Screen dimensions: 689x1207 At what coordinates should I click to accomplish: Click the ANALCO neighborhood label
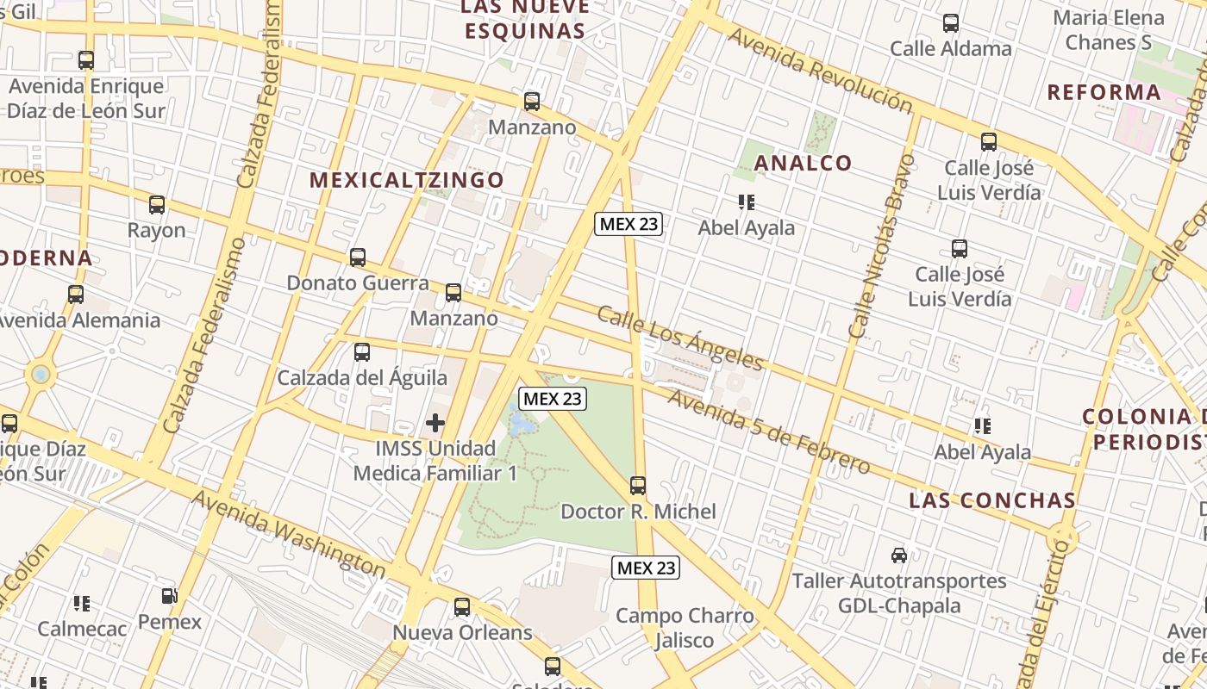pyautogui.click(x=803, y=163)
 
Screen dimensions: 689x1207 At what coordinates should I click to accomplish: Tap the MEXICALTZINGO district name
pyautogui.click(x=407, y=180)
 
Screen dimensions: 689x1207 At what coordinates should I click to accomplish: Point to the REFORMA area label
pyautogui.click(x=1104, y=92)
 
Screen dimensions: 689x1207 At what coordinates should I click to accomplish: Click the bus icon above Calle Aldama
pyautogui.click(x=951, y=23)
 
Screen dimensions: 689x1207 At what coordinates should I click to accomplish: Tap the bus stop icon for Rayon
pyautogui.click(x=157, y=205)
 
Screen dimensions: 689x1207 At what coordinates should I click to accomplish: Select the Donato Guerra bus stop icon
pyautogui.click(x=358, y=258)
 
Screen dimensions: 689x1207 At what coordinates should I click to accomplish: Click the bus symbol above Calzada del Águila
pyautogui.click(x=362, y=352)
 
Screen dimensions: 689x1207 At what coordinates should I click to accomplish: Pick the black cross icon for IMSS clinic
pyautogui.click(x=435, y=423)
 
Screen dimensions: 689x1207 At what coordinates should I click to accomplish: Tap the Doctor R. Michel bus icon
pyautogui.click(x=638, y=486)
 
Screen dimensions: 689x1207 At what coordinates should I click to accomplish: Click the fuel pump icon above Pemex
pyautogui.click(x=170, y=596)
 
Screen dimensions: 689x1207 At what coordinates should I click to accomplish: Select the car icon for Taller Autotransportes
pyautogui.click(x=899, y=556)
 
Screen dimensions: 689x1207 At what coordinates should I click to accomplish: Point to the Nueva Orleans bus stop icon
pyautogui.click(x=462, y=607)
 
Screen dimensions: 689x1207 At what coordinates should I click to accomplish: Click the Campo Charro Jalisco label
pyautogui.click(x=685, y=628)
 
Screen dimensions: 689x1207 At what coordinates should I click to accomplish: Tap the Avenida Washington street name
pyautogui.click(x=288, y=534)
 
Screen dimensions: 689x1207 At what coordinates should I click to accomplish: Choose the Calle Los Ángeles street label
pyautogui.click(x=680, y=337)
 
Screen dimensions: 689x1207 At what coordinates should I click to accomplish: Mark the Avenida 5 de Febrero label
pyautogui.click(x=768, y=432)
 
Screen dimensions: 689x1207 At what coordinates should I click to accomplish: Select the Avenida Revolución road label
pyautogui.click(x=820, y=71)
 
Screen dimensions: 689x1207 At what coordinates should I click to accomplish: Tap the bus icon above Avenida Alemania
pyautogui.click(x=76, y=295)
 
